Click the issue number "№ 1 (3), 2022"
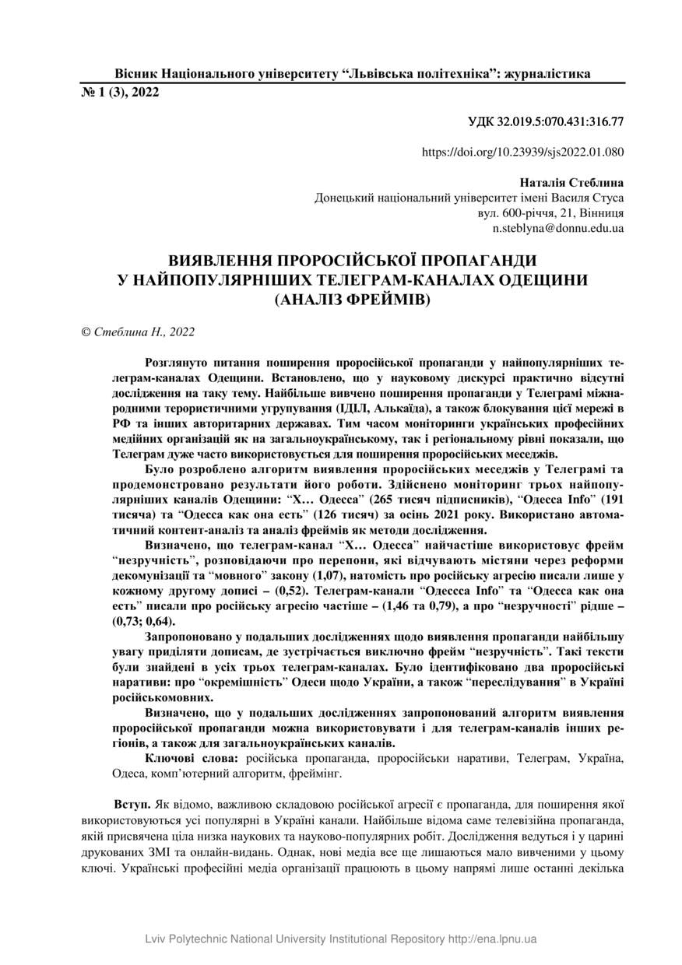[x=120, y=92]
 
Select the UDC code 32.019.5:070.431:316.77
[x=546, y=121]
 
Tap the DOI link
[x=522, y=153]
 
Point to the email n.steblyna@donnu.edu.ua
[x=558, y=229]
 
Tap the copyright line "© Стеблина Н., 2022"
[x=138, y=332]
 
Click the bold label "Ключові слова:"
[x=193, y=756]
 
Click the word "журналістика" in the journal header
[x=547, y=73]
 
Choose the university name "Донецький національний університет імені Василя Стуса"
[x=469, y=198]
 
